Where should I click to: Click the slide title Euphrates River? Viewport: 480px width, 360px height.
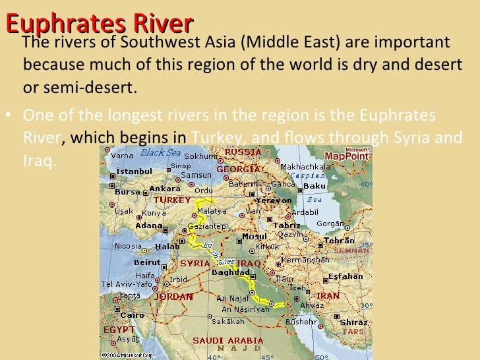(x=99, y=23)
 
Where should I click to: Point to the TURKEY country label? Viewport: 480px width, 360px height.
(x=172, y=200)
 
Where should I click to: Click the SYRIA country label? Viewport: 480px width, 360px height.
(x=195, y=263)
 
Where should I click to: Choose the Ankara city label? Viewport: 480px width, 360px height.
(x=165, y=189)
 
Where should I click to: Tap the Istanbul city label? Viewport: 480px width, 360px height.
(x=134, y=171)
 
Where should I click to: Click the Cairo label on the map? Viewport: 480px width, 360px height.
(x=133, y=315)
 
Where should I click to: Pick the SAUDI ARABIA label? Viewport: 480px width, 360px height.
(x=227, y=340)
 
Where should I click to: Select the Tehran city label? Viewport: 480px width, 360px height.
(x=339, y=241)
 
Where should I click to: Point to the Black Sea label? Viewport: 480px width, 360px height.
(x=161, y=152)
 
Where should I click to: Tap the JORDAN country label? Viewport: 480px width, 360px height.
(x=173, y=297)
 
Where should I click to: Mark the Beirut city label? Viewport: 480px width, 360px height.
(x=147, y=262)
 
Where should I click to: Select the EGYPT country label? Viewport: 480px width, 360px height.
(x=119, y=329)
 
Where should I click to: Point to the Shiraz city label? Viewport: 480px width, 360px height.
(x=353, y=322)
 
